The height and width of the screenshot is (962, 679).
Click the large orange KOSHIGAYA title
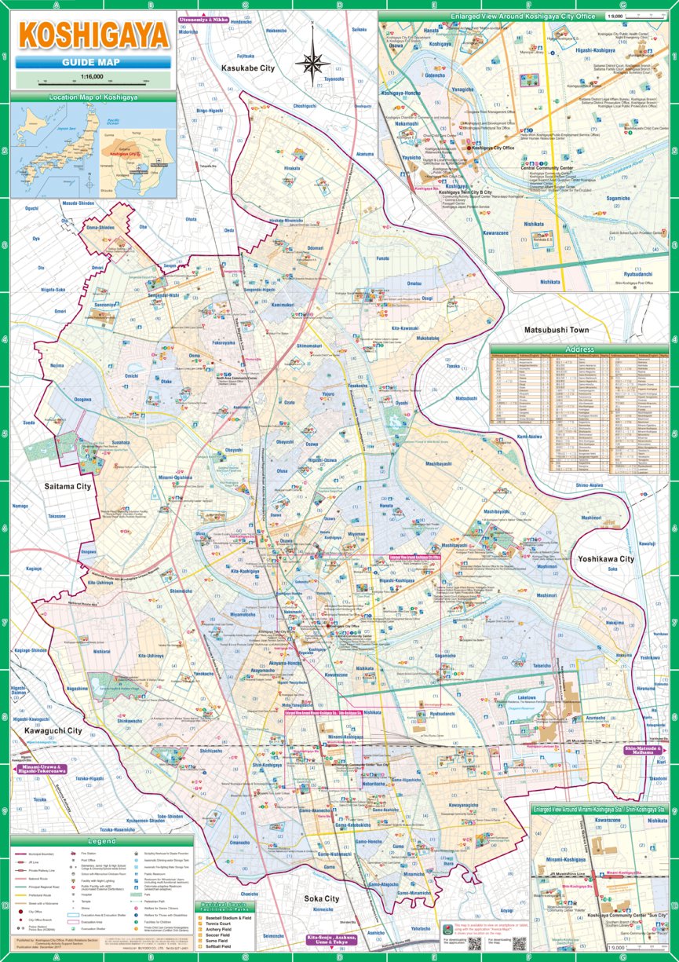pyautogui.click(x=93, y=36)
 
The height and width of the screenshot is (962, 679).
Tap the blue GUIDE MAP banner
pyautogui.click(x=93, y=63)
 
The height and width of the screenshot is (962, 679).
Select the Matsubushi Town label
pyautogui.click(x=556, y=331)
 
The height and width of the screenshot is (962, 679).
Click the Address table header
pyautogui.click(x=579, y=349)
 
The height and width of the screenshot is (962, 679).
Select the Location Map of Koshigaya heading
pyautogui.click(x=93, y=97)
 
